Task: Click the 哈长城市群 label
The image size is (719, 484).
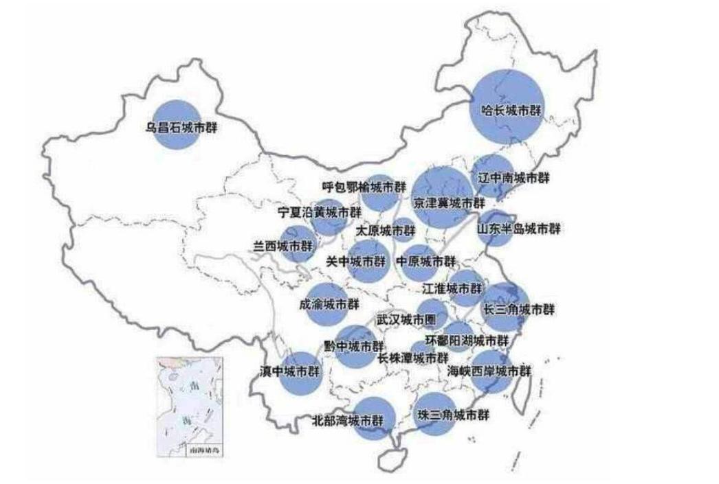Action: tap(509, 111)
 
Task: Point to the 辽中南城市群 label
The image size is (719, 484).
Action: tap(513, 178)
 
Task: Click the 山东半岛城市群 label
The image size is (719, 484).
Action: tap(518, 228)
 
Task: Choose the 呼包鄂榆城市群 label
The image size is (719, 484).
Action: tap(359, 186)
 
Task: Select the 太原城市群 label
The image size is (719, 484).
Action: tap(386, 230)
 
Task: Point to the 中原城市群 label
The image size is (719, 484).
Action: tap(426, 262)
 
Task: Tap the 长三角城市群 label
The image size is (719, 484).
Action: tap(518, 309)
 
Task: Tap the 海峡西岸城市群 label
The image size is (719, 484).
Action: tap(488, 371)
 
